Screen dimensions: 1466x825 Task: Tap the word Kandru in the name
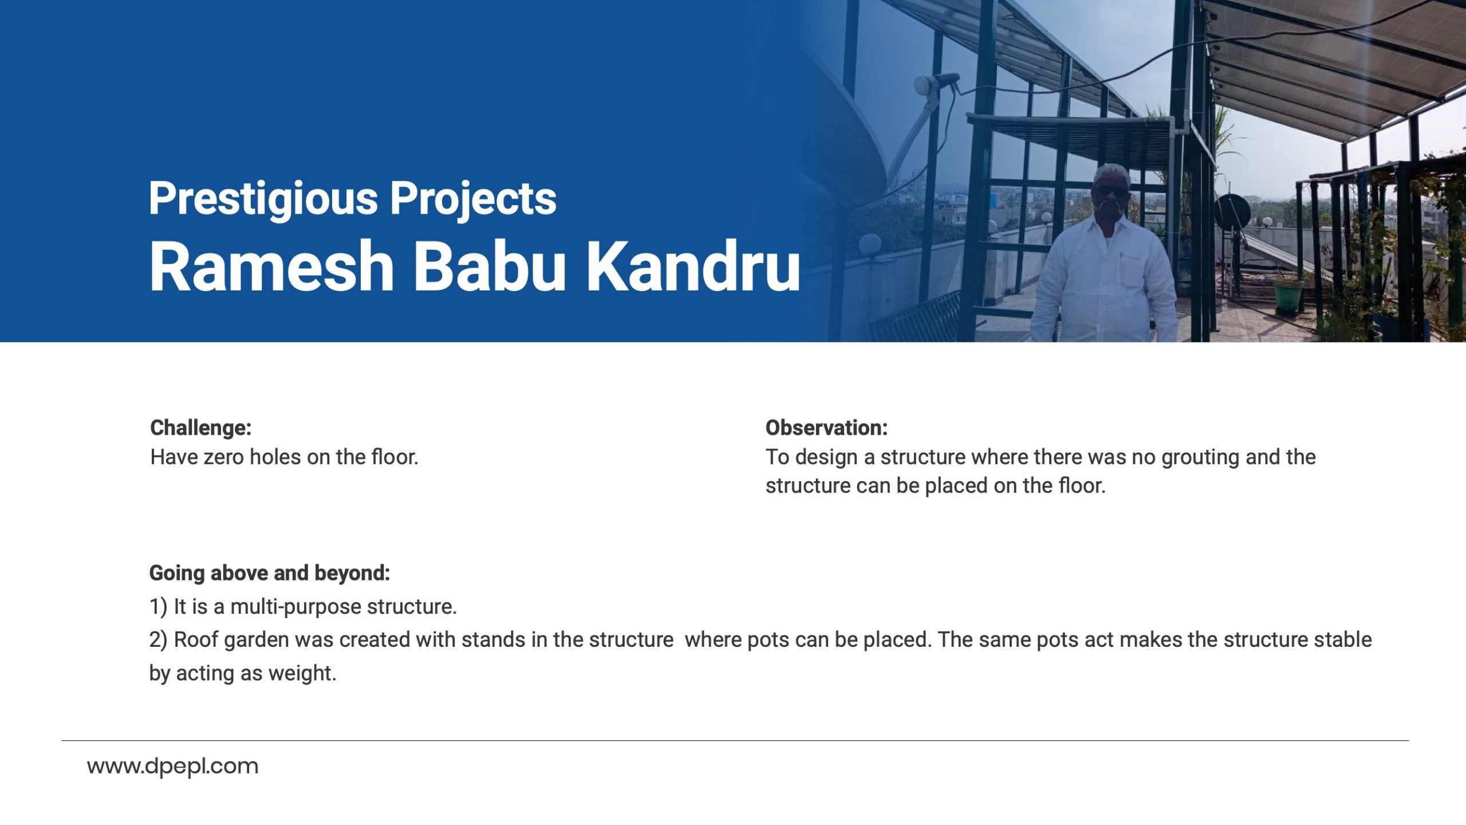click(x=693, y=266)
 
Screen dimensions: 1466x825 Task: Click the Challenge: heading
click(x=200, y=428)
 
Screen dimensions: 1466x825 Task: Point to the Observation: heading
click(x=826, y=428)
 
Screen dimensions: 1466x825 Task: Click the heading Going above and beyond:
click(x=270, y=573)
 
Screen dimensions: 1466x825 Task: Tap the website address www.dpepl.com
click(x=173, y=767)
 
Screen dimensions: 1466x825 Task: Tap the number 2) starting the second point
click(x=159, y=640)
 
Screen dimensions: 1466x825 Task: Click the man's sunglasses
click(x=1109, y=190)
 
